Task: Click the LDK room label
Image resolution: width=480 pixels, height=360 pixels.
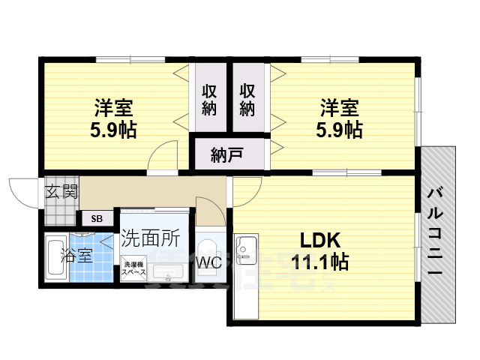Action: pos(321,241)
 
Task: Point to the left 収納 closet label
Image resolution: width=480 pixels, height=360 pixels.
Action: pos(210,99)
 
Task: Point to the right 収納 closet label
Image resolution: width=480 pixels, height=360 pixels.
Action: pos(248,99)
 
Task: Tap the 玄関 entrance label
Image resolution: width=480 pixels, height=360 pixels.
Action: pos(61,190)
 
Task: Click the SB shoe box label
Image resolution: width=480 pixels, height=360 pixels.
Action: pos(97,218)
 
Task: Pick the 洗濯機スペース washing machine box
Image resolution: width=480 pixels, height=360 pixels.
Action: pos(135,268)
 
